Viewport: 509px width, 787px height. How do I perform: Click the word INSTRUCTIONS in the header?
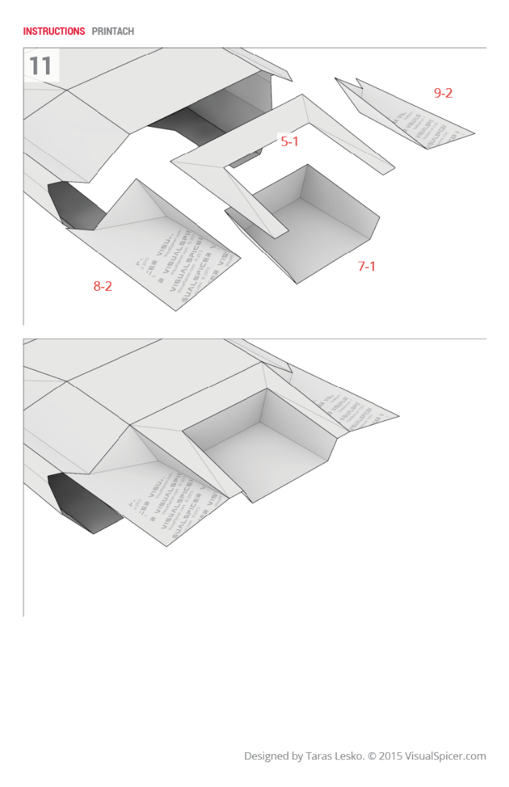point(54,31)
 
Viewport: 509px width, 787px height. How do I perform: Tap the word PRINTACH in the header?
point(113,31)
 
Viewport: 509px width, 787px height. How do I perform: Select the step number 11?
point(41,66)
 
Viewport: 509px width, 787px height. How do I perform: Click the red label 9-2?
point(443,93)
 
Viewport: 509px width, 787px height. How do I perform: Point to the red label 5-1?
point(290,141)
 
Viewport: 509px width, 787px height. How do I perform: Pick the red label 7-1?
point(366,266)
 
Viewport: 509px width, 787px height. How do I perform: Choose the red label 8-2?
point(102,286)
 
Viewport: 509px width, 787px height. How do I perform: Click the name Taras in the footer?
point(322,756)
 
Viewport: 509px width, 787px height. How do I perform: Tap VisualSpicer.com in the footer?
point(446,756)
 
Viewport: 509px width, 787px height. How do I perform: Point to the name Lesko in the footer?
point(351,756)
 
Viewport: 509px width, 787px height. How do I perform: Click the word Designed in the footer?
point(266,756)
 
